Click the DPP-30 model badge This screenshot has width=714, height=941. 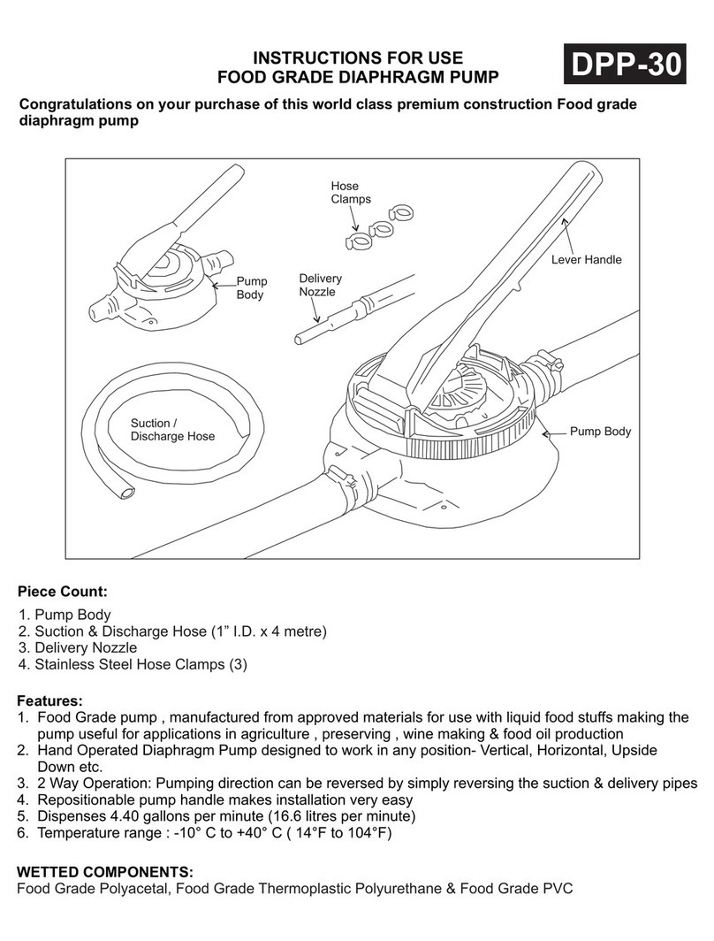[x=625, y=65]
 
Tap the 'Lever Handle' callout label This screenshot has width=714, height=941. [x=586, y=260]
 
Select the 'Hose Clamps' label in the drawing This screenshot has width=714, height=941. [x=350, y=193]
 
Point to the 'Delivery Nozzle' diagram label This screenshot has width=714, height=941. [x=320, y=285]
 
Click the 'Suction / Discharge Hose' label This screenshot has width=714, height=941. [x=172, y=429]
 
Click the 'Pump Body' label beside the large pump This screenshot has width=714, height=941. [x=600, y=432]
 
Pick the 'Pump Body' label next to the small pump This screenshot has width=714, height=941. [x=250, y=288]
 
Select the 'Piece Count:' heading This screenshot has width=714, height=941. [x=62, y=590]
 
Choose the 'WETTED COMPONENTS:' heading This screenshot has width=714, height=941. [x=105, y=871]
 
